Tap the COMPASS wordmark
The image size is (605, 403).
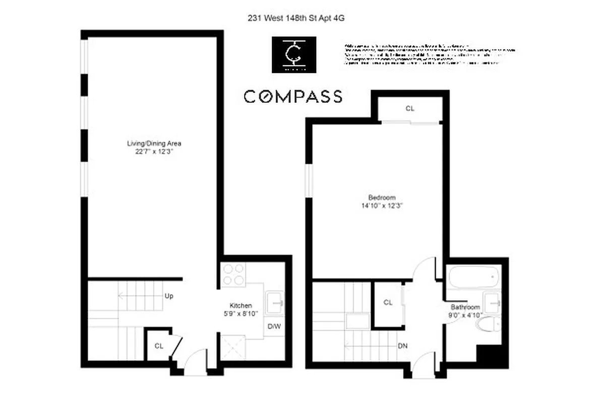click(x=293, y=96)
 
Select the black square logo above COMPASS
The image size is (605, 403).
click(x=294, y=54)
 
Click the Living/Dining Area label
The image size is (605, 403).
click(x=154, y=144)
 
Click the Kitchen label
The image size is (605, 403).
click(x=240, y=306)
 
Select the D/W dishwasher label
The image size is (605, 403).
click(x=274, y=326)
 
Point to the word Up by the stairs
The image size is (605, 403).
click(x=169, y=296)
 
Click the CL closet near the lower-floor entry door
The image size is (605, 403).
click(x=159, y=346)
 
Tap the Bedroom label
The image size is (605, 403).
click(x=382, y=197)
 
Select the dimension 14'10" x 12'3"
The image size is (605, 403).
click(x=382, y=206)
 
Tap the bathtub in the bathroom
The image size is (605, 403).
click(x=473, y=276)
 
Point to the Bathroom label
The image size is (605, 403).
click(x=465, y=307)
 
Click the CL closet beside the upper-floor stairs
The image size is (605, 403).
click(x=388, y=303)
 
